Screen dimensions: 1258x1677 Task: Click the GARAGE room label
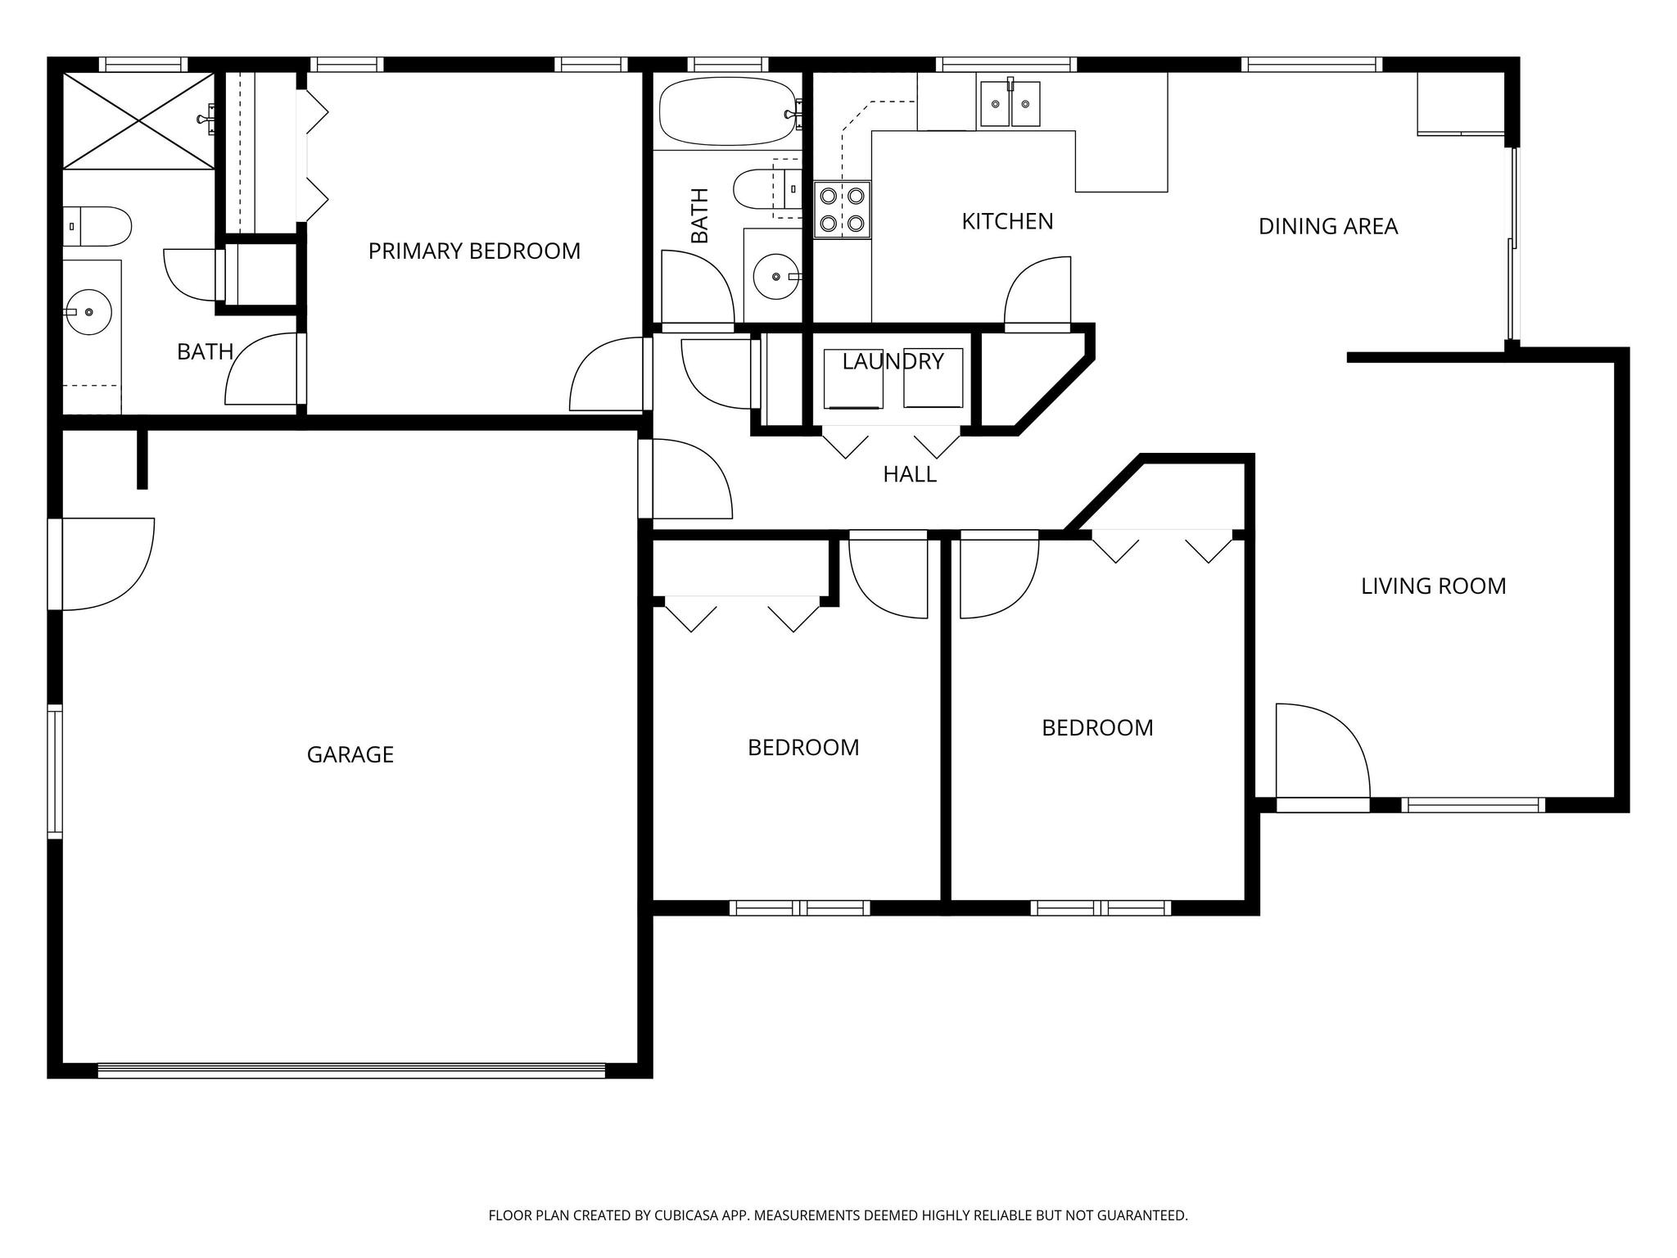pyautogui.click(x=350, y=754)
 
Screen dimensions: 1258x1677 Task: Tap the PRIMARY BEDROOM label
pyautogui.click(x=474, y=251)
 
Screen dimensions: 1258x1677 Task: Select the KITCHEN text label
pyautogui.click(x=1006, y=221)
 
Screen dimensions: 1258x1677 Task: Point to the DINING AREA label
pyautogui.click(x=1327, y=227)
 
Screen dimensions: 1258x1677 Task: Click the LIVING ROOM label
pyautogui.click(x=1433, y=586)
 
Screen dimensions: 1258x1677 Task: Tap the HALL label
pyautogui.click(x=909, y=474)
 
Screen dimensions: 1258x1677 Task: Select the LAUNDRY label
pyautogui.click(x=893, y=361)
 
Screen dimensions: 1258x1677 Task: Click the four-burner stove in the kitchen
pyautogui.click(x=842, y=210)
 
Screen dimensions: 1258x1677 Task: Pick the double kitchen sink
pyautogui.click(x=1010, y=104)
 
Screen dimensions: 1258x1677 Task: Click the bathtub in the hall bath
pyautogui.click(x=727, y=111)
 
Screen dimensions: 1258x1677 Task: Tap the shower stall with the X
pyautogui.click(x=138, y=120)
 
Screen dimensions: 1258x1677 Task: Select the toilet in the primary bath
pyautogui.click(x=97, y=227)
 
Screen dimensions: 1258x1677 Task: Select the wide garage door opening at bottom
pyautogui.click(x=350, y=1070)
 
